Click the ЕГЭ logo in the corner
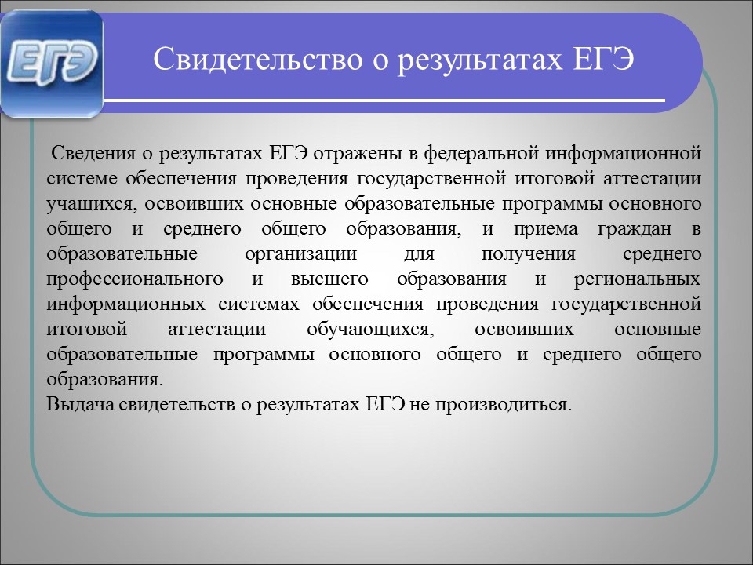point(52,64)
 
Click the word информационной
point(624,154)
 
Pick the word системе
point(82,179)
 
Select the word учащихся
point(89,204)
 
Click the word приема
point(546,229)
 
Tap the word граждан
point(635,229)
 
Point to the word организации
point(301,254)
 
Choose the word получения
point(528,254)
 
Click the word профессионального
point(135,279)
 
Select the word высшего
point(329,279)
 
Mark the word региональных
point(637,279)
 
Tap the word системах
point(258,304)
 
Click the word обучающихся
point(369,330)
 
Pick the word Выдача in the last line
point(80,404)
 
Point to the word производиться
point(504,405)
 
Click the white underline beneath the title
point(384,100)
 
